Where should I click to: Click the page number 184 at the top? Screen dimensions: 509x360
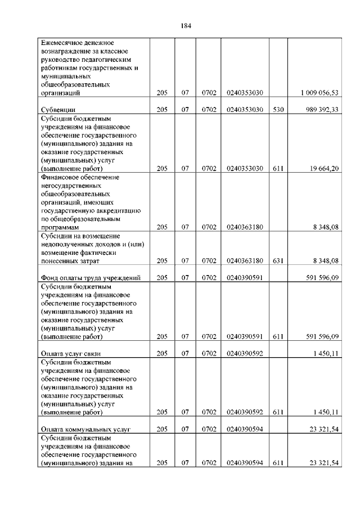[187, 25]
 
